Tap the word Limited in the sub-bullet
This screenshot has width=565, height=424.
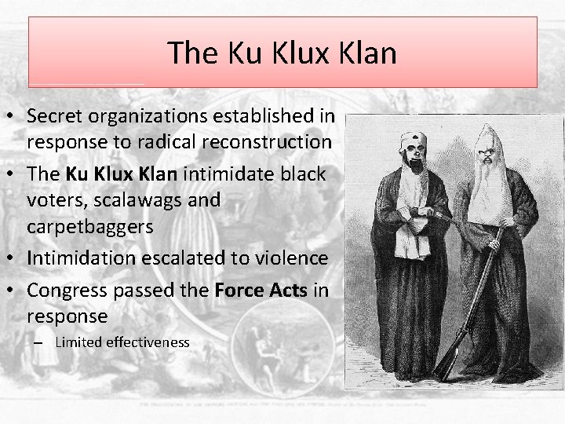78,342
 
